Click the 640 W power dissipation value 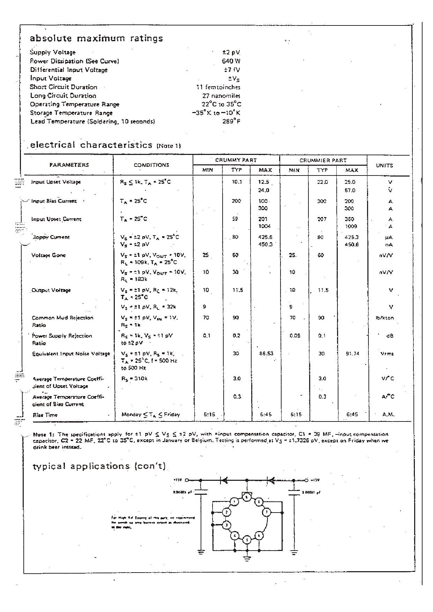(231, 61)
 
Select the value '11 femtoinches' (218, 87)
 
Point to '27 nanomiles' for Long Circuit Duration (221, 96)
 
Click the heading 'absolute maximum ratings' (96, 38)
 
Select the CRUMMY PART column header (236, 160)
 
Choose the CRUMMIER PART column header (323, 161)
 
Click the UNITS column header (384, 165)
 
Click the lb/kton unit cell (387, 318)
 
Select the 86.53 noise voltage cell (266, 353)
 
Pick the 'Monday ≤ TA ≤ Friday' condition (151, 415)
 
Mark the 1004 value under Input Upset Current (264, 226)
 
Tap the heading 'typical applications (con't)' (99, 466)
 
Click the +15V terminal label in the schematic (178, 480)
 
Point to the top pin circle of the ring (247, 497)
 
